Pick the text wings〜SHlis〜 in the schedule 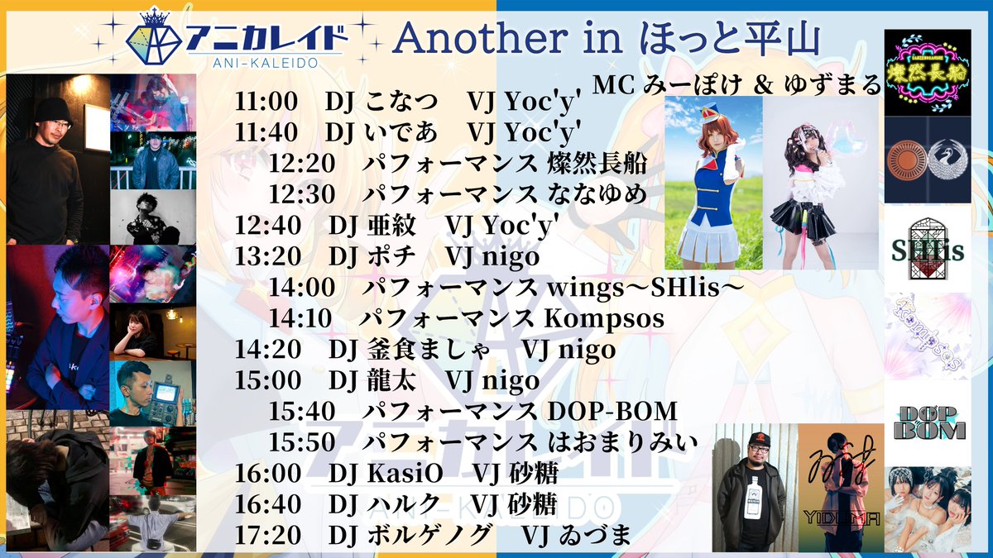(x=642, y=289)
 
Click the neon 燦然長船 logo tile (x=928, y=72)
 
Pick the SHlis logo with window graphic (x=928, y=246)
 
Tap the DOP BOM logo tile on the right (x=928, y=422)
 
